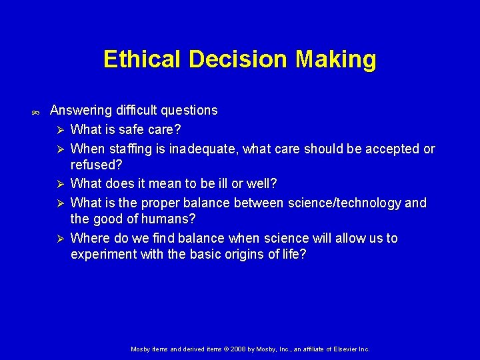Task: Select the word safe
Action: tap(132, 129)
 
